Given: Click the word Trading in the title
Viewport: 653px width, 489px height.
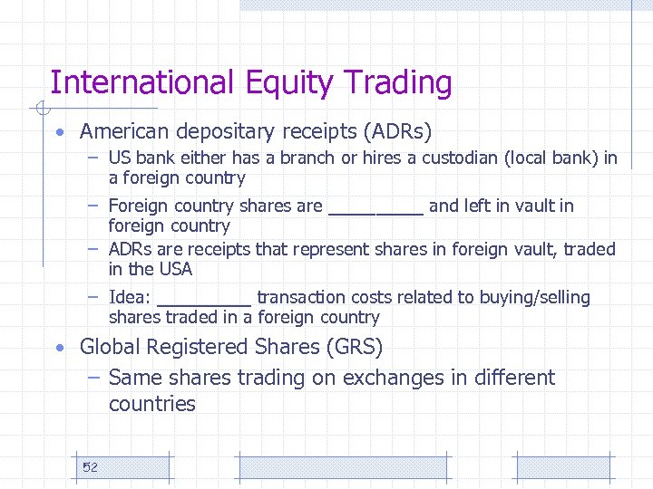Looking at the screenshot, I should point(404,83).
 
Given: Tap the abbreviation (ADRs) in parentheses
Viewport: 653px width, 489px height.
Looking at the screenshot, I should point(397,131).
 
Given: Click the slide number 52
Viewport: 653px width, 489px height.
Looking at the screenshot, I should point(90,467).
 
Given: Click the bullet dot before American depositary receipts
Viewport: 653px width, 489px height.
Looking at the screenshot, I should point(58,132).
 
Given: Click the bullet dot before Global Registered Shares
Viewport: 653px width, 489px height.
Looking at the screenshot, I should point(58,348).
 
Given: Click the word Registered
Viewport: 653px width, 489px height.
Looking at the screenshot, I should point(189,347).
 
